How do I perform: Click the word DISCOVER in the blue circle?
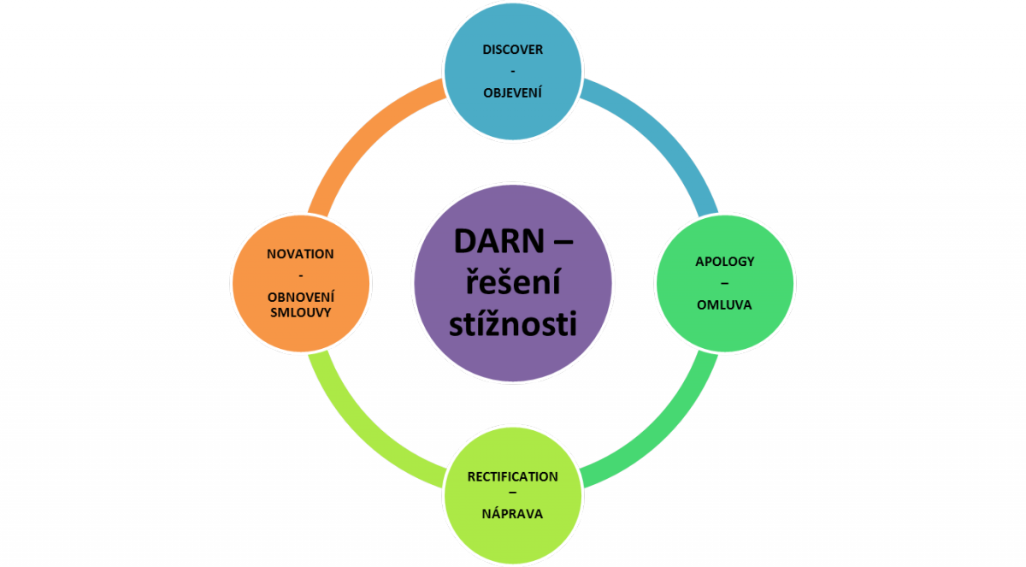(512, 50)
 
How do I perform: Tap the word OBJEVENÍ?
(512, 91)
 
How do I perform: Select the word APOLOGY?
(724, 262)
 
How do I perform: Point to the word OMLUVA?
(724, 304)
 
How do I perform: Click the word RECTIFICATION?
(512, 475)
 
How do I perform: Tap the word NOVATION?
(300, 254)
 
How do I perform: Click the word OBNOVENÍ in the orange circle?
(300, 296)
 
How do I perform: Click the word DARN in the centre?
(491, 242)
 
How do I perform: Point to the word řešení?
(512, 283)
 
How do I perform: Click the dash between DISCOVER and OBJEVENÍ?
(512, 70)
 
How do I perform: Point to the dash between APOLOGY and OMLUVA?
(724, 283)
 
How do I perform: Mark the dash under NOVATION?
(300, 275)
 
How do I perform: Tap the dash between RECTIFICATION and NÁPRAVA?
(512, 496)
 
